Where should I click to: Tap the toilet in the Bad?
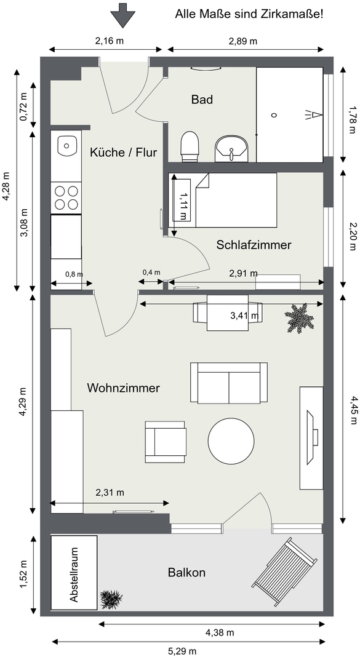189,146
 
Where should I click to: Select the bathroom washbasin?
232,148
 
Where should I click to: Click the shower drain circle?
274,115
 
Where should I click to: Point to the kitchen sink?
66,146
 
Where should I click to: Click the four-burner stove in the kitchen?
66,197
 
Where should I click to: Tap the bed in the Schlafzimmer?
223,201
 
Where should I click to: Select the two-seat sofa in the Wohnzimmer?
229,383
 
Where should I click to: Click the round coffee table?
231,440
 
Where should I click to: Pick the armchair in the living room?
165,442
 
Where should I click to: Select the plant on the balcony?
111,599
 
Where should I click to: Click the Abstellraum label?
74,575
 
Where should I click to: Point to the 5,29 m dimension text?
182,651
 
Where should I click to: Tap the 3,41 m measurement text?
244,316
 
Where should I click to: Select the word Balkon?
187,572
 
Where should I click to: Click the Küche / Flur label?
124,153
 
